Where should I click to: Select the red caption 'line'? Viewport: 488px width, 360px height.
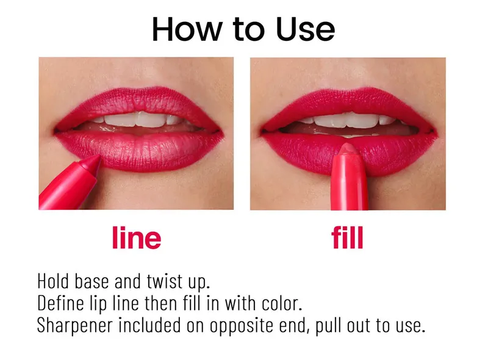coord(137,237)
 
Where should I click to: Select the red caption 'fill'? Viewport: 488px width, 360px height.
coord(347,237)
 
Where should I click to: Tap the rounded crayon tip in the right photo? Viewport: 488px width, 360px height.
coord(348,148)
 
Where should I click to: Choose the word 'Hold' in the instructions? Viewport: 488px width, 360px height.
coord(53,281)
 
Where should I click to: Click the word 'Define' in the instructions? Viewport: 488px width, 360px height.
coord(60,303)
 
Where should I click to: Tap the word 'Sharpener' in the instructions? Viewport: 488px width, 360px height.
coord(74,326)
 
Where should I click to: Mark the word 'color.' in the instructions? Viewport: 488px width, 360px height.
coord(282,303)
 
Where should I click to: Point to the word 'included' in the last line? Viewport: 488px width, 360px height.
coord(149,325)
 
